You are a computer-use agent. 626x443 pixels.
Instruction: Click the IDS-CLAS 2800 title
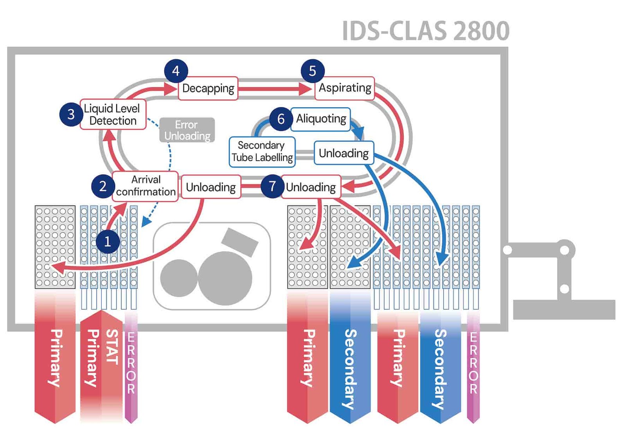tap(426, 31)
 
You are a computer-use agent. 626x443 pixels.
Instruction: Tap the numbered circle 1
tap(108, 242)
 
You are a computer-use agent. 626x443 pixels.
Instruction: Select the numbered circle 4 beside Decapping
tap(176, 71)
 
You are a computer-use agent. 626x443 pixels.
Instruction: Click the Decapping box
tap(208, 88)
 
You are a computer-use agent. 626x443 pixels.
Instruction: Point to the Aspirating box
tap(345, 88)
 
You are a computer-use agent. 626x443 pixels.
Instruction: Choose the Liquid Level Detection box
tap(113, 115)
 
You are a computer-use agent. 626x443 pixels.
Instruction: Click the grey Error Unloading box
tap(187, 130)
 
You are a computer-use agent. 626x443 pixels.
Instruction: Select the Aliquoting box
tap(321, 118)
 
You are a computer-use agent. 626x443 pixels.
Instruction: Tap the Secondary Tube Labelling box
tap(262, 152)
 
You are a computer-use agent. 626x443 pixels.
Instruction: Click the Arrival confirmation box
tap(146, 186)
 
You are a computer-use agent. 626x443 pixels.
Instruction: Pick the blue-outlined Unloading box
tap(344, 153)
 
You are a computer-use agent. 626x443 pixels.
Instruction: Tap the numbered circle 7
tap(272, 187)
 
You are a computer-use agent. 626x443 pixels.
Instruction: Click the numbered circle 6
tap(281, 119)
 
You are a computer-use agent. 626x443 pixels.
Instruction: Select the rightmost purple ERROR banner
tap(473, 364)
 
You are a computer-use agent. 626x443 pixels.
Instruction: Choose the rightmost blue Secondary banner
tap(440, 368)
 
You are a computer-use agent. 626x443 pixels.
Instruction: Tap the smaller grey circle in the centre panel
tap(179, 278)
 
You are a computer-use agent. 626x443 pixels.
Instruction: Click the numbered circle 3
tap(71, 114)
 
